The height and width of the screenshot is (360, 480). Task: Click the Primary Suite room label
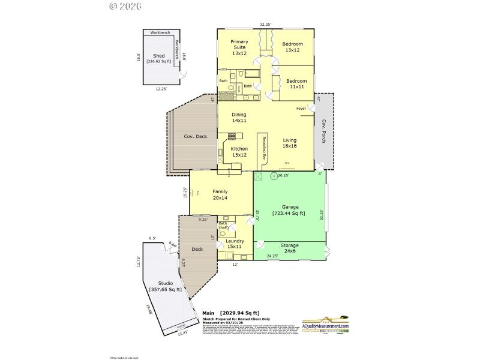click(239, 47)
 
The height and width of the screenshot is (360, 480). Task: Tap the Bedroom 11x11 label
click(296, 84)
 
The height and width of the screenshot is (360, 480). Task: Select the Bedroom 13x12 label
click(293, 47)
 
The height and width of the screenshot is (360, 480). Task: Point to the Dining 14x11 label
click(238, 118)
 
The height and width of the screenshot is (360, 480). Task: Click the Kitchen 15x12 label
click(239, 152)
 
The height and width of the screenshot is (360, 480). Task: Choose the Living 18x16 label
click(290, 143)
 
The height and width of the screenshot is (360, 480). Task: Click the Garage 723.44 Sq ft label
click(289, 210)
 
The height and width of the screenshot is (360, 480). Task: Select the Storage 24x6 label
click(289, 248)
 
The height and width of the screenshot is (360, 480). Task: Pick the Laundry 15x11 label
click(235, 244)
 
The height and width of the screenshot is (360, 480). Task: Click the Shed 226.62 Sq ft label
click(158, 58)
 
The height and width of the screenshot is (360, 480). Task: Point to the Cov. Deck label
click(195, 136)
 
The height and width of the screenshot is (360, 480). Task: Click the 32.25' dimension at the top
click(265, 25)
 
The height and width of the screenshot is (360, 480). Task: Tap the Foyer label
click(302, 109)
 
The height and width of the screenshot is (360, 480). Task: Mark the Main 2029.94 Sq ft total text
click(230, 313)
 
